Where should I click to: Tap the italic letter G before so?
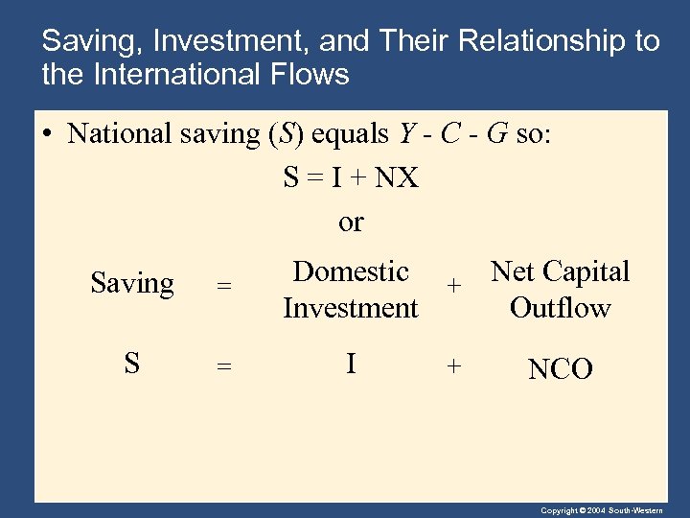pyautogui.click(x=496, y=133)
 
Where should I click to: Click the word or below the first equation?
pyautogui.click(x=351, y=223)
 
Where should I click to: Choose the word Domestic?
pyautogui.click(x=351, y=271)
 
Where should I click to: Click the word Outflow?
pyautogui.click(x=560, y=308)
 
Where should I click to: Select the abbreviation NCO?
pyautogui.click(x=561, y=369)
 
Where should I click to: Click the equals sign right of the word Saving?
pyautogui.click(x=223, y=286)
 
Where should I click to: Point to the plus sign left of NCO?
pyautogui.click(x=454, y=365)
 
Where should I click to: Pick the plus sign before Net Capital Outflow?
pyautogui.click(x=454, y=286)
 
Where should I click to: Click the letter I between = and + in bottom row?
pyautogui.click(x=351, y=365)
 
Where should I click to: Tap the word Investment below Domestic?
pyautogui.click(x=351, y=308)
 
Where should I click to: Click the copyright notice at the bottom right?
pyautogui.click(x=613, y=510)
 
